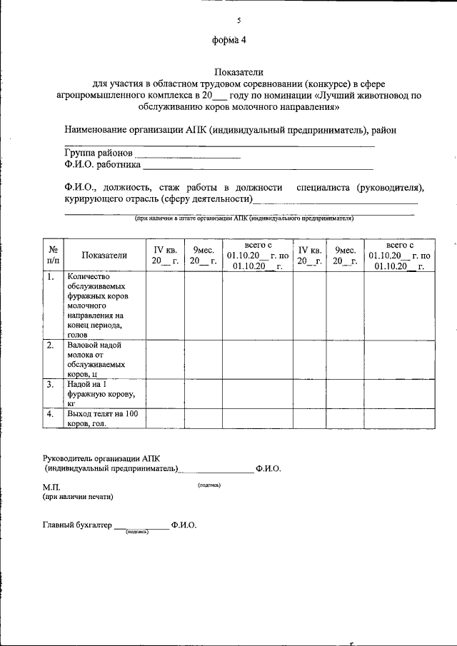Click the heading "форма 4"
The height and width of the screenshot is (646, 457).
click(x=228, y=41)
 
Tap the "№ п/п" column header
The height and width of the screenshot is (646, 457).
click(x=53, y=255)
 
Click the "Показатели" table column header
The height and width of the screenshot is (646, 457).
click(x=104, y=255)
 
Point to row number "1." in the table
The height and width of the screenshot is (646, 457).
click(x=51, y=277)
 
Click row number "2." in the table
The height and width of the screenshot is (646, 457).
click(x=51, y=345)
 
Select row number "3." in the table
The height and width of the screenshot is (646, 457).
click(x=51, y=384)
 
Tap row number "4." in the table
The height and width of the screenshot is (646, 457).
click(x=51, y=413)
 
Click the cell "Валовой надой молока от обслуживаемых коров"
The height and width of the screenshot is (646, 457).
click(x=96, y=358)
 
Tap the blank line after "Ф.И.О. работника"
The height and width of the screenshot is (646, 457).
click(x=258, y=168)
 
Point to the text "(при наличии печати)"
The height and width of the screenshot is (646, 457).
click(x=77, y=497)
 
